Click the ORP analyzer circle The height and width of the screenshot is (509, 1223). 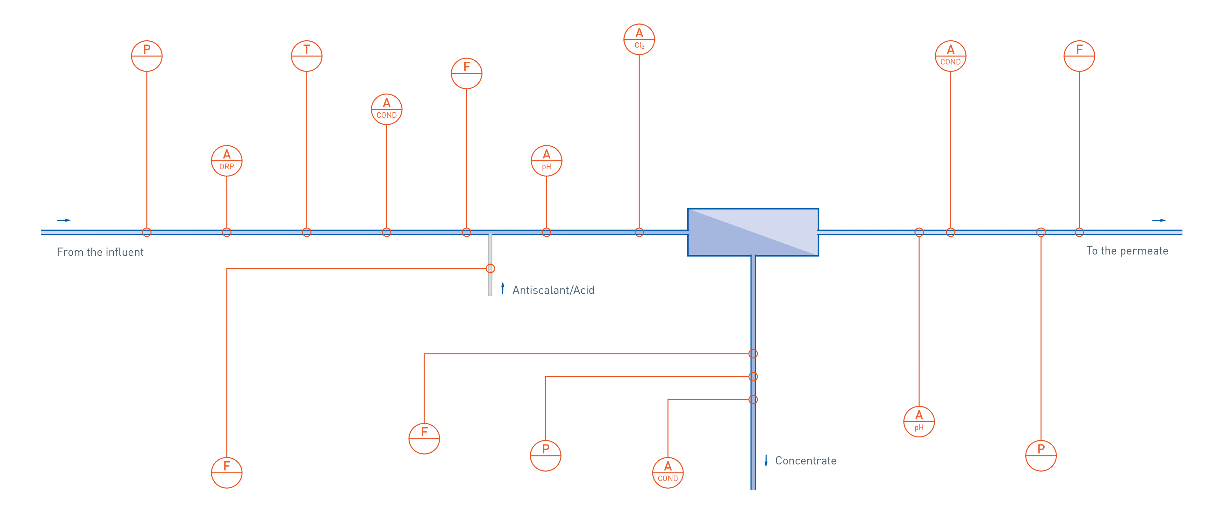226,161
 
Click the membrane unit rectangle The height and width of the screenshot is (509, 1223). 753,232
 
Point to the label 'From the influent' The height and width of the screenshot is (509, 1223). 100,252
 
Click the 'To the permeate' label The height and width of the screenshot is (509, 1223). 1127,250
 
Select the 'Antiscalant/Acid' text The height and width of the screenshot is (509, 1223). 553,290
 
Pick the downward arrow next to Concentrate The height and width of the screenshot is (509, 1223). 766,460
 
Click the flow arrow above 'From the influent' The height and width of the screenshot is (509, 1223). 64,220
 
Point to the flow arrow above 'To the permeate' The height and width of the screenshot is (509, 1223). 1159,220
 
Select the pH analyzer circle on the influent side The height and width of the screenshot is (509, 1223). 547,161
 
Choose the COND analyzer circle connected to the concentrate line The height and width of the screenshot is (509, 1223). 668,472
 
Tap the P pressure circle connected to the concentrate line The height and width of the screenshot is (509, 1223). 546,456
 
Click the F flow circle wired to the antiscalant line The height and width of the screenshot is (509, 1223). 226,472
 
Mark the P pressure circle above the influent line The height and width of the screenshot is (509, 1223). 147,56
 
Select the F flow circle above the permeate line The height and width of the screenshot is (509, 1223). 1079,56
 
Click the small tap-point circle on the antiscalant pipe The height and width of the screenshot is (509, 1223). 490,268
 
